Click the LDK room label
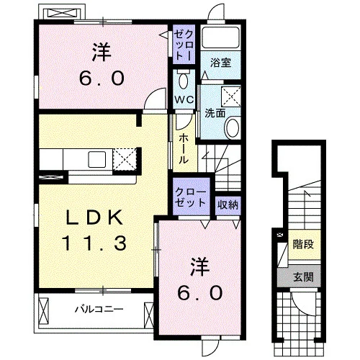(x=95, y=218)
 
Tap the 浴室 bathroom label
(x=221, y=63)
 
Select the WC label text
(x=184, y=100)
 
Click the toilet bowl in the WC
(x=184, y=80)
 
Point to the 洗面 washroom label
(x=215, y=113)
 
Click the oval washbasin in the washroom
(x=232, y=127)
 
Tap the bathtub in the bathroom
(x=220, y=38)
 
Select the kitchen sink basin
(x=97, y=159)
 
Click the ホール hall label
(x=184, y=149)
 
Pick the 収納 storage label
(x=228, y=204)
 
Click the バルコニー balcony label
(x=99, y=309)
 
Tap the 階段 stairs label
(x=303, y=245)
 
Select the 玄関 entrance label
(x=303, y=277)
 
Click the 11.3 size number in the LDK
(x=94, y=243)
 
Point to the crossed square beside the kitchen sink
(x=125, y=159)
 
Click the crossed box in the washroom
(x=231, y=96)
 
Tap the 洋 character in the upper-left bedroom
(x=102, y=52)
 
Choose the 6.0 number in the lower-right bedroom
(x=199, y=293)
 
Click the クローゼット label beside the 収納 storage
(x=191, y=197)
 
